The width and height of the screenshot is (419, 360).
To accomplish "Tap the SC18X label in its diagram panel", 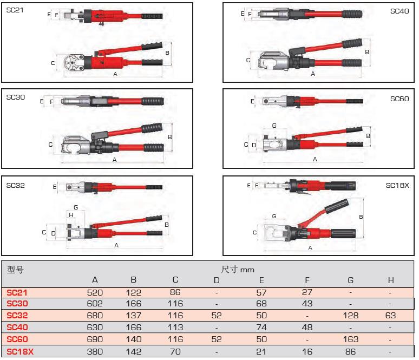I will tap(397, 185).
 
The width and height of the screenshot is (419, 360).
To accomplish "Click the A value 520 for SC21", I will tap(95, 292).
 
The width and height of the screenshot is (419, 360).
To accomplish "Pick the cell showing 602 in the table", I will tap(95, 304).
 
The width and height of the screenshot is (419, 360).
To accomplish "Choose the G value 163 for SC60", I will tap(351, 338).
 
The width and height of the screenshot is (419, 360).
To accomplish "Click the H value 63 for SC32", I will tap(391, 315).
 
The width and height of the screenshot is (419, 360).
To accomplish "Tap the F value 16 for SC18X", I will tap(307, 350).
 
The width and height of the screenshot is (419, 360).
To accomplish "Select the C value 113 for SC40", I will tap(175, 327).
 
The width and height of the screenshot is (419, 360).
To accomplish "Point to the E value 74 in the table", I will tap(261, 327).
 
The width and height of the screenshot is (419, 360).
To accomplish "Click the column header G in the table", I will tap(351, 280).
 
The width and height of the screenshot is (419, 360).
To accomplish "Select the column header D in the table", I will tap(217, 280).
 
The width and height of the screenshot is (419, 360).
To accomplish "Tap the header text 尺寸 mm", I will tap(238, 269).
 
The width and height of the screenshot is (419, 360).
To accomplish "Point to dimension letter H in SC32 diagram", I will tap(71, 215).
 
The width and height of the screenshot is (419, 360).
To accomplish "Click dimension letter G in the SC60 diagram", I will tap(274, 126).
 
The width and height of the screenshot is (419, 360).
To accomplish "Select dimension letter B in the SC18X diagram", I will tap(361, 217).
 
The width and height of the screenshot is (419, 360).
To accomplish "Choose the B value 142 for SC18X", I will tap(133, 350).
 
